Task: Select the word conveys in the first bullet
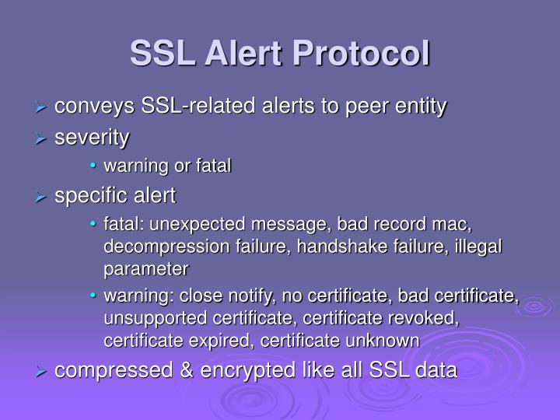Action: (x=94, y=107)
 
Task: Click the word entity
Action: (x=420, y=107)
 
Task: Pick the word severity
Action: (x=92, y=138)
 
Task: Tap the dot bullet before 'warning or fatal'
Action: (x=93, y=166)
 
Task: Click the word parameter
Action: (x=146, y=269)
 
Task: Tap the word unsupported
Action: (x=152, y=318)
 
